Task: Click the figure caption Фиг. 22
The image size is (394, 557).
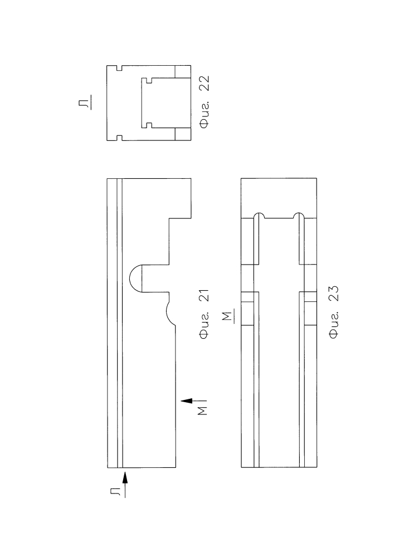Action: (205, 102)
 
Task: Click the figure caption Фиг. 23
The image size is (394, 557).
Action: (334, 312)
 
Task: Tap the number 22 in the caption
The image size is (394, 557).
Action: (205, 84)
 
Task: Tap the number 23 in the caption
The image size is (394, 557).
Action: (334, 294)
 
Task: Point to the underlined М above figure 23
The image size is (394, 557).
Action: (230, 316)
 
